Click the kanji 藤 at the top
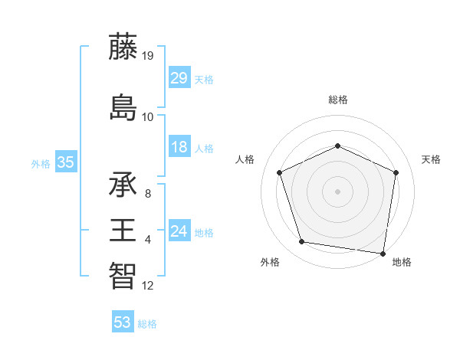[123, 47]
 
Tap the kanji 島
[123, 106]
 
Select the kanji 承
[123, 185]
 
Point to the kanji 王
[123, 230]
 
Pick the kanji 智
[123, 275]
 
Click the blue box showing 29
[179, 79]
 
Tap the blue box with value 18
[179, 148]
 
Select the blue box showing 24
[179, 232]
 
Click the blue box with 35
[65, 162]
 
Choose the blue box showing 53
[123, 322]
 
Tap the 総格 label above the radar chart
[337, 100]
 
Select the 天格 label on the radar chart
[431, 159]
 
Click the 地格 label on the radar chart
[402, 262]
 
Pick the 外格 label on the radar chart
[270, 262]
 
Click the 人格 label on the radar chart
[245, 159]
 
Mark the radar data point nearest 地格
[383, 254]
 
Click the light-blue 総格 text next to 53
[147, 324]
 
